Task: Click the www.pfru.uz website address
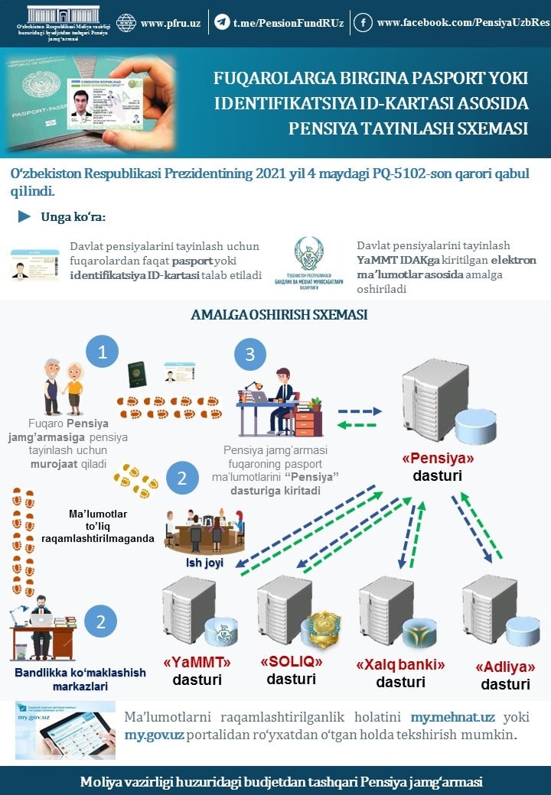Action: [x=171, y=23]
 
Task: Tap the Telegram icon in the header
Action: [x=222, y=23]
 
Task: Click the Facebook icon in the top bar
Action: [x=363, y=23]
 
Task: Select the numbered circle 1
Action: [x=102, y=352]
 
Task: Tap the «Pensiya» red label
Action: [x=438, y=459]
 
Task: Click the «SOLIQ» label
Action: [x=292, y=661]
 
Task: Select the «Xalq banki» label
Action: [x=400, y=664]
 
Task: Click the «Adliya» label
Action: [x=505, y=666]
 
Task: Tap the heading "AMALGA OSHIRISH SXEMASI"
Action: [x=279, y=314]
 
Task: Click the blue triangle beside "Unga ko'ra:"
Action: [x=24, y=216]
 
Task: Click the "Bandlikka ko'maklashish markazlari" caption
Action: [x=69, y=679]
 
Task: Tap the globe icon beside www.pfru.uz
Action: [x=126, y=23]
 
